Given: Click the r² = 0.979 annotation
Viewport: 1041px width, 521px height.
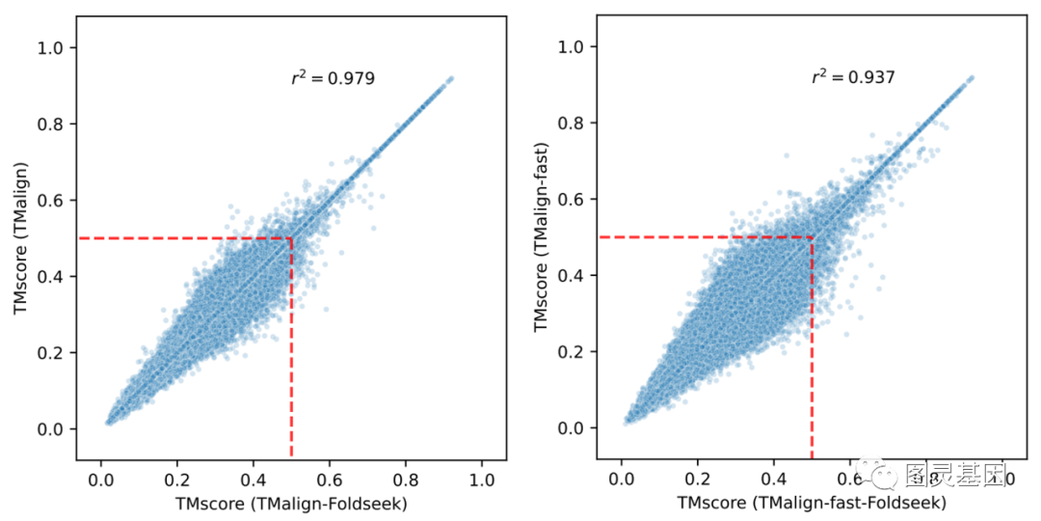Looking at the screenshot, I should click(333, 78).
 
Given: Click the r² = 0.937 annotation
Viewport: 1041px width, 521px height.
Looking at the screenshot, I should click(853, 77).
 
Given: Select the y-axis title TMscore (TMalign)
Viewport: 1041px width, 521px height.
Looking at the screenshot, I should click(20, 238).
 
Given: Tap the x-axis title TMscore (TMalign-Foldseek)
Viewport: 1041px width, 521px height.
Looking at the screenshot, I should click(291, 503).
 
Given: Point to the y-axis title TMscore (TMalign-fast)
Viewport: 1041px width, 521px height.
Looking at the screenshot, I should click(541, 237).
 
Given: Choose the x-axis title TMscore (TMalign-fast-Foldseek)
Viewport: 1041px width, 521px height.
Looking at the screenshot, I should click(812, 503).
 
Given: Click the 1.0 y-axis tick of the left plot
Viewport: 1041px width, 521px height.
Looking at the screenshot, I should click(49, 47).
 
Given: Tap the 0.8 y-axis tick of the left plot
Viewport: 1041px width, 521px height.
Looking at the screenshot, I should click(49, 123).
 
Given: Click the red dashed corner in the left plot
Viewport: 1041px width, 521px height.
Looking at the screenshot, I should click(291, 238).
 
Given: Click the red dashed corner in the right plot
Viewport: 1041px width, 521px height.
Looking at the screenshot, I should click(812, 237).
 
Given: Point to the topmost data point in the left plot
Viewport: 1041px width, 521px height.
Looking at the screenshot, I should click(450, 77).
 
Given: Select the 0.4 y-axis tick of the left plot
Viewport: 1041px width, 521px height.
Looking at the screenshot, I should click(49, 276).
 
